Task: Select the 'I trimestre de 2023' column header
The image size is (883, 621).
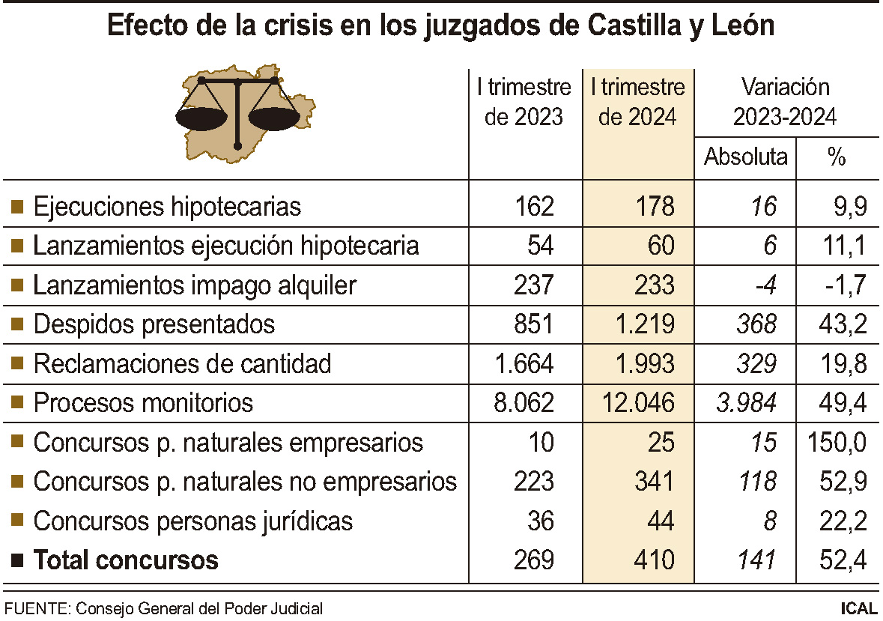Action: pos(524,103)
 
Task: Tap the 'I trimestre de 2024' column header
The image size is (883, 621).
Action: pos(637,103)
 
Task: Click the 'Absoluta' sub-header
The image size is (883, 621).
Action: pos(746,157)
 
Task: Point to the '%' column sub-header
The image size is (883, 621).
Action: pos(837,157)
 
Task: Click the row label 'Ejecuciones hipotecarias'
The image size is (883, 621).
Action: pos(167,206)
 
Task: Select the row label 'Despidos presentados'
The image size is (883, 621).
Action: pos(154,324)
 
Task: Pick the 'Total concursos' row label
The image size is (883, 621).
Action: pos(126,560)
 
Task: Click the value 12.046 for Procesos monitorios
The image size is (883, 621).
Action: pos(638,403)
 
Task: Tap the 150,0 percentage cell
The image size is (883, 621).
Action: pos(837,442)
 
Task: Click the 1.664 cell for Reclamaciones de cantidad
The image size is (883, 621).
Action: pos(524,364)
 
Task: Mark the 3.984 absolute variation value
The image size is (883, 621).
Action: pos(746,403)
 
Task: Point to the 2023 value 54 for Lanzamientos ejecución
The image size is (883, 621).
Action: pos(538,246)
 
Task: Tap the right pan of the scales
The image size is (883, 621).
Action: pos(274,117)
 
